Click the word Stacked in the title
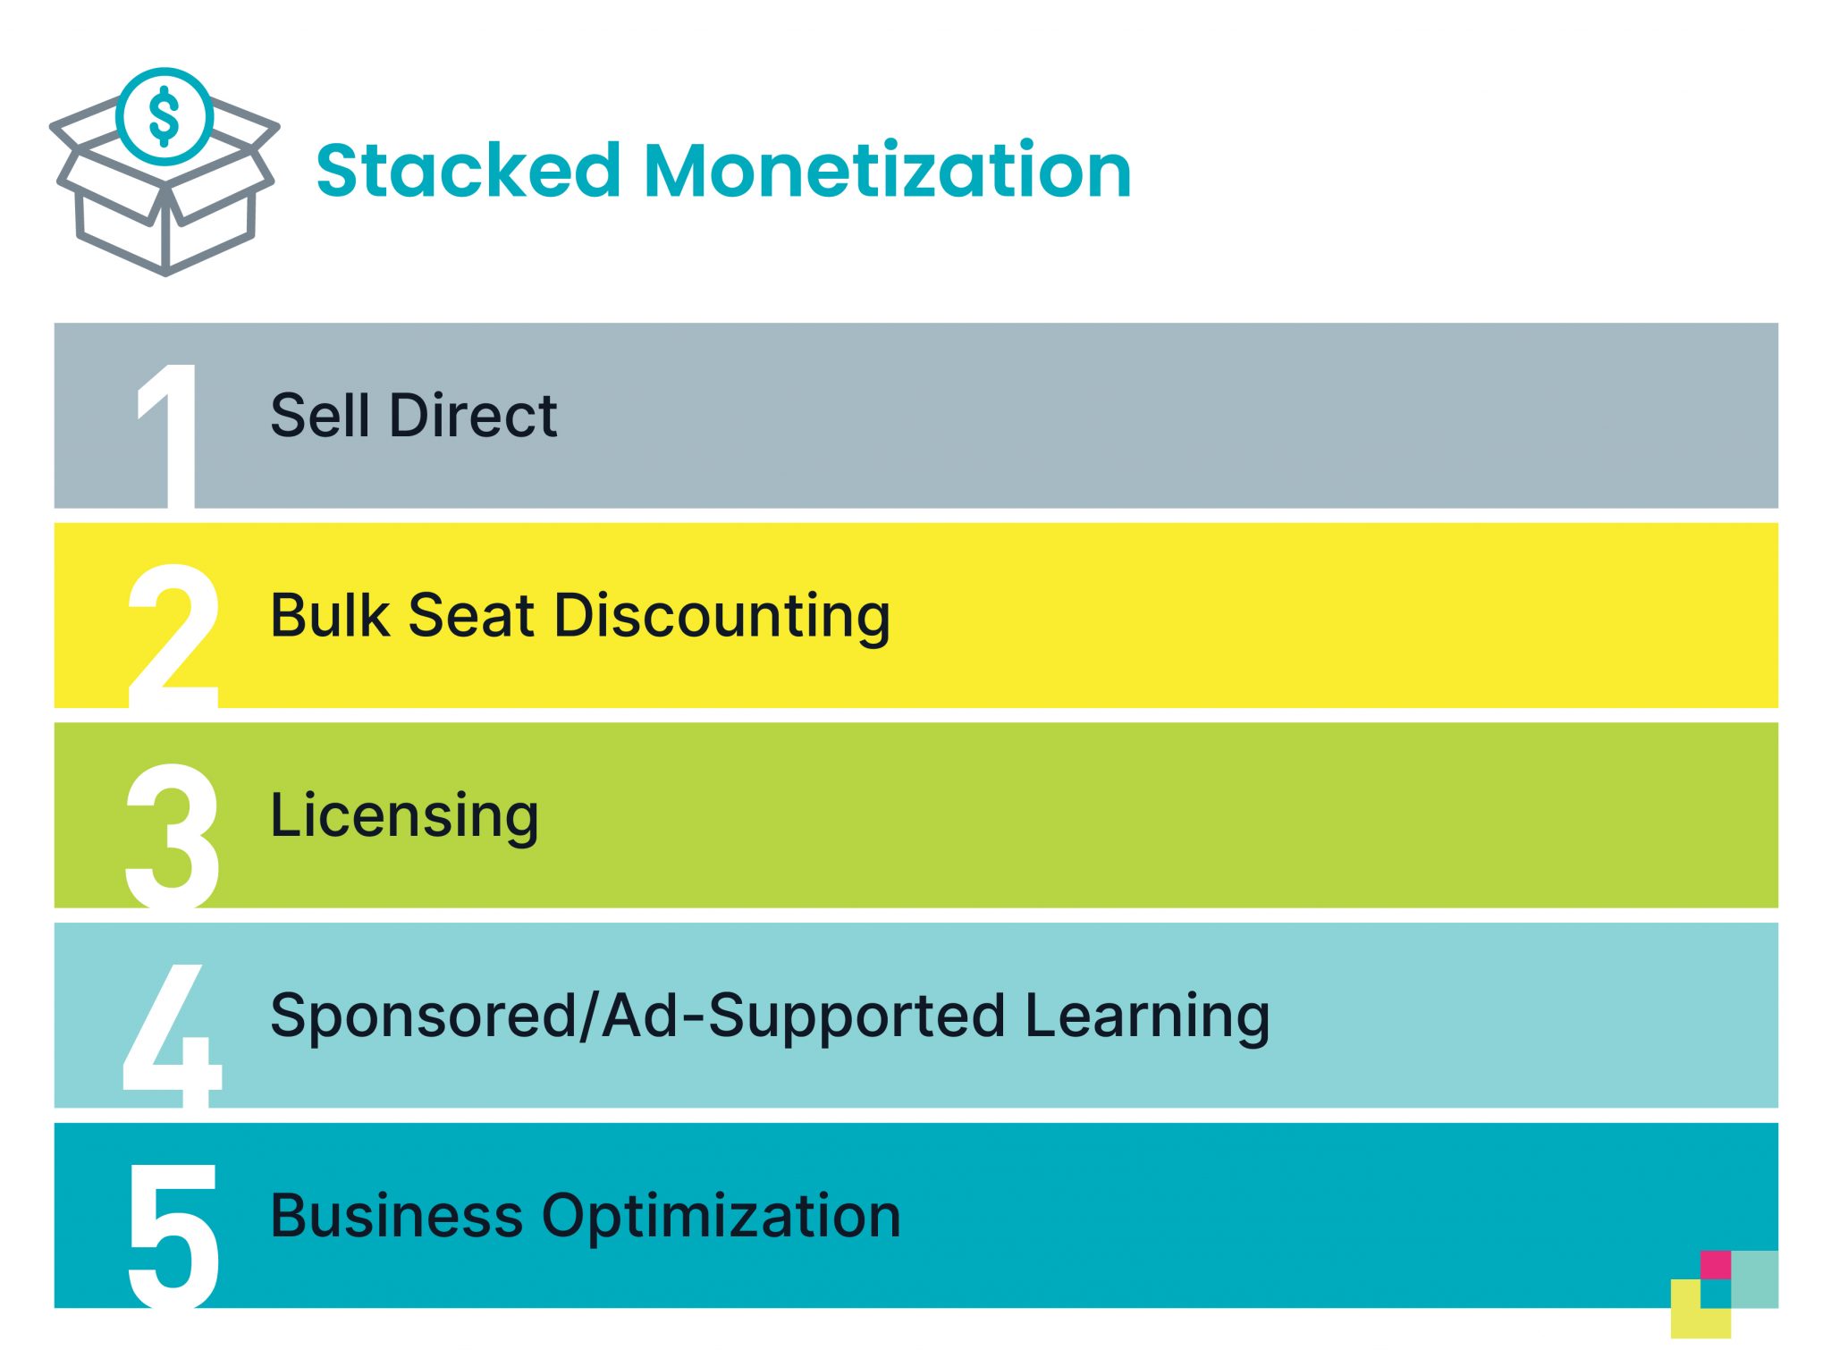[468, 171]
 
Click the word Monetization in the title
[887, 171]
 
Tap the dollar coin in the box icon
[165, 116]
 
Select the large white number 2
[173, 637]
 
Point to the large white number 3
[172, 835]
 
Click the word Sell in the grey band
[320, 416]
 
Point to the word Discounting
[721, 617]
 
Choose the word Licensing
[404, 816]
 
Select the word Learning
[1147, 1016]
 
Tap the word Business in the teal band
[396, 1216]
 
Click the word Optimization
[721, 1218]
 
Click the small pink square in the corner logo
[1715, 1265]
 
